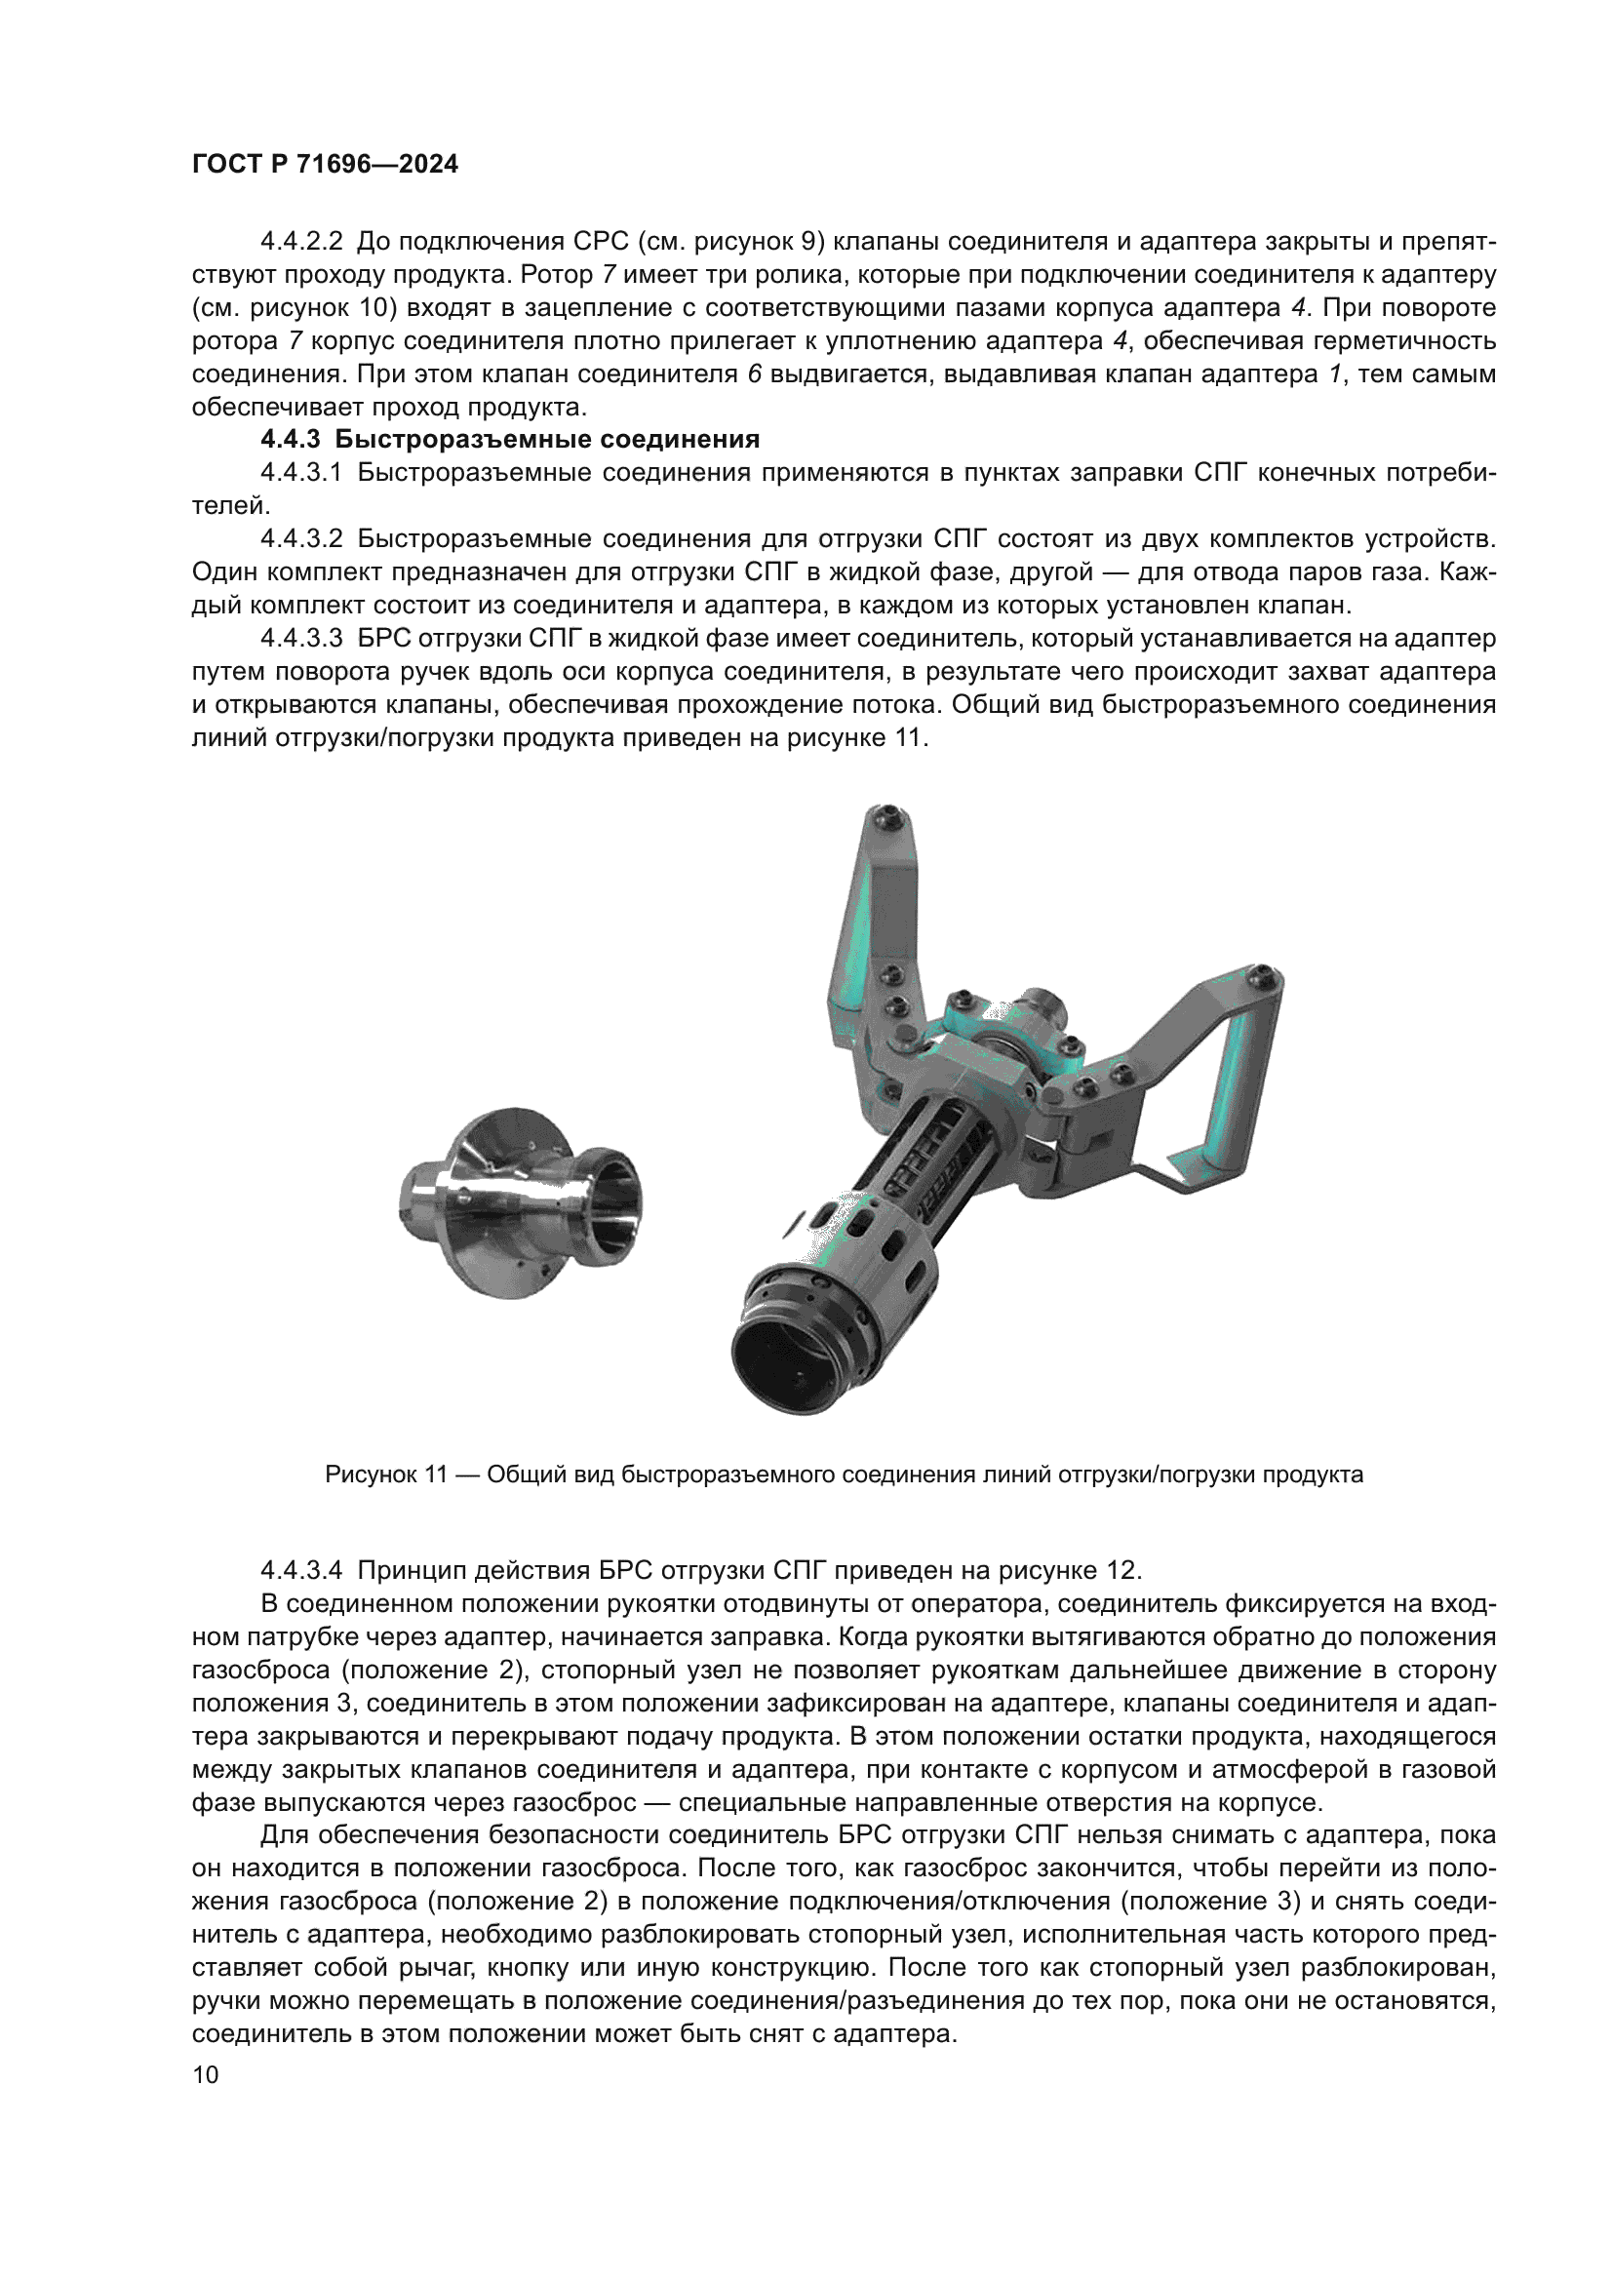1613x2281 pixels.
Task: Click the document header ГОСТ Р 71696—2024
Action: tap(325, 165)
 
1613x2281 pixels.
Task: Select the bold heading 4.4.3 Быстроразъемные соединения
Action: tap(509, 439)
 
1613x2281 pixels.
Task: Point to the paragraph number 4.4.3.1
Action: tap(301, 473)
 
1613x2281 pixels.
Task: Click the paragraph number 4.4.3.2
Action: tap(301, 539)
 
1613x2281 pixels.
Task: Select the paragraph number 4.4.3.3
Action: tap(301, 638)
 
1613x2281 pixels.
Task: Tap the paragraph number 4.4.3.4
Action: tap(301, 1570)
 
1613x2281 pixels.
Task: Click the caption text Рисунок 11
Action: tap(386, 1475)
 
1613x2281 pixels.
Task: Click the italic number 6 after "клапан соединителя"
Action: tap(754, 374)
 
